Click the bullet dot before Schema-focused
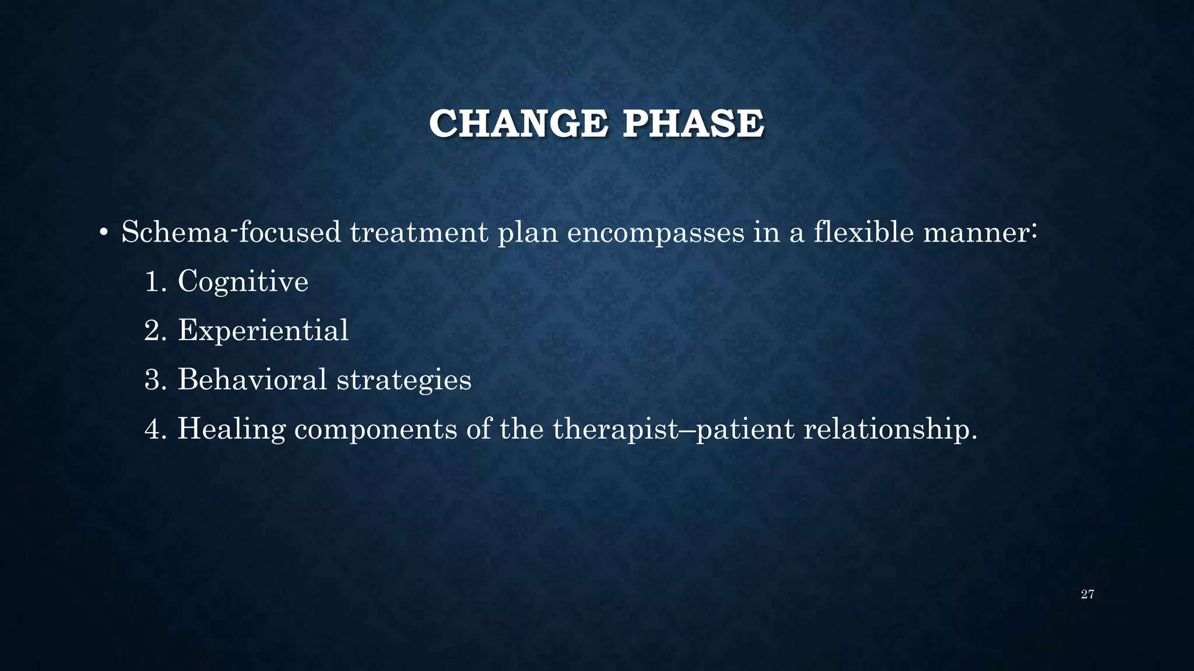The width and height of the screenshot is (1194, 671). click(103, 234)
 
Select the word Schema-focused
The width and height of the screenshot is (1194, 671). click(231, 232)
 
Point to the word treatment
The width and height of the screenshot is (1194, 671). click(419, 232)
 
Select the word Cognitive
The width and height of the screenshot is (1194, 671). click(243, 282)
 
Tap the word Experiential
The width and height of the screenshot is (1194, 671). click(263, 331)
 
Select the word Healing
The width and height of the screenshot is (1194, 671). click(231, 430)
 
